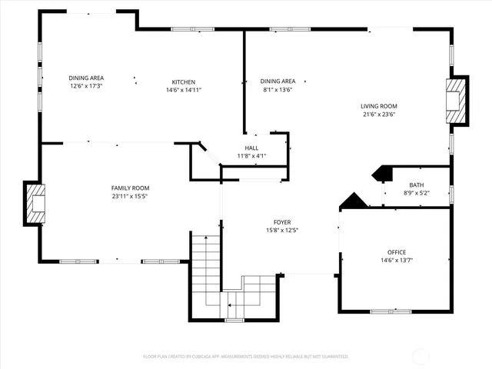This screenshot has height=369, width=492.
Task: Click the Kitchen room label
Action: [183, 82]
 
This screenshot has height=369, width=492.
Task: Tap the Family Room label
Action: [130, 188]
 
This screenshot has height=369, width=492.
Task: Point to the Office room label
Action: [396, 252]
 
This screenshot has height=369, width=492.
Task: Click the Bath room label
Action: [416, 185]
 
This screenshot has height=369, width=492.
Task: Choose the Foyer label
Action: [282, 222]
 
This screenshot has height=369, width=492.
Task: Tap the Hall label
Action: [251, 148]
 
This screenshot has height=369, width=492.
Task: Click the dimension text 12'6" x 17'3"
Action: [86, 86]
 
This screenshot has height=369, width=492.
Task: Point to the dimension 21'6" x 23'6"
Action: [378, 115]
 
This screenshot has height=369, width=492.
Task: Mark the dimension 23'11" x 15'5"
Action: [130, 196]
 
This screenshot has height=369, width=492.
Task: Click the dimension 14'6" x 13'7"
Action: [396, 261]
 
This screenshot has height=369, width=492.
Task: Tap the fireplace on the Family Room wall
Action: [35, 203]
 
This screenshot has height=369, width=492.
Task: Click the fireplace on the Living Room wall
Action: [457, 100]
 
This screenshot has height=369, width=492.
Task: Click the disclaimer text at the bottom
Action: [246, 357]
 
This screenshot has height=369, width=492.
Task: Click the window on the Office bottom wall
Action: [390, 311]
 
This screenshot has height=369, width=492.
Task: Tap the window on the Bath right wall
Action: [451, 194]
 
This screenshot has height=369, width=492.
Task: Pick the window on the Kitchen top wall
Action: [192, 30]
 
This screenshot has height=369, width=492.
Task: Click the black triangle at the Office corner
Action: [354, 201]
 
